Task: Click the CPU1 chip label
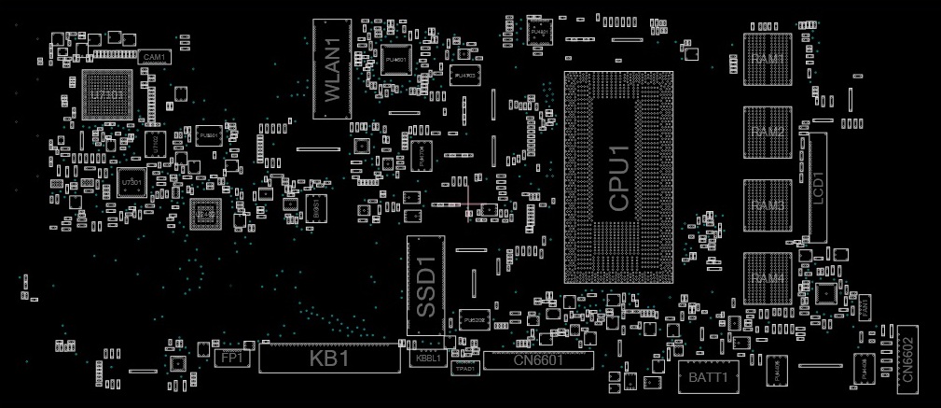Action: pos(619,177)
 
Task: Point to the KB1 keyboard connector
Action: pos(328,358)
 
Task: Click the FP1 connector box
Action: pos(232,358)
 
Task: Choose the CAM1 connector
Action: pos(154,57)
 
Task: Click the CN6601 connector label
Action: pos(538,360)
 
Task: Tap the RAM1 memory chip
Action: pos(768,59)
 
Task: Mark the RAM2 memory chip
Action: pos(768,132)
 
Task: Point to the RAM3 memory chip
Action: pos(768,204)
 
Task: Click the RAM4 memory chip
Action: pos(768,278)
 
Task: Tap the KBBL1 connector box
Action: pos(428,359)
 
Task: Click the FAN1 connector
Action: pos(865,305)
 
